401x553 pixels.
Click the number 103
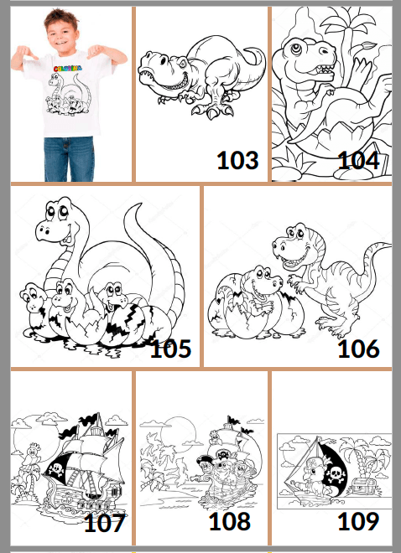tap(237, 159)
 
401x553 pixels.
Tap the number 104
tap(358, 159)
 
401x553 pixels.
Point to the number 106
tap(358, 348)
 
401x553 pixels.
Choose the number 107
tap(105, 524)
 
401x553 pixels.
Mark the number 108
tap(230, 521)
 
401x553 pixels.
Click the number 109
tap(358, 521)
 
